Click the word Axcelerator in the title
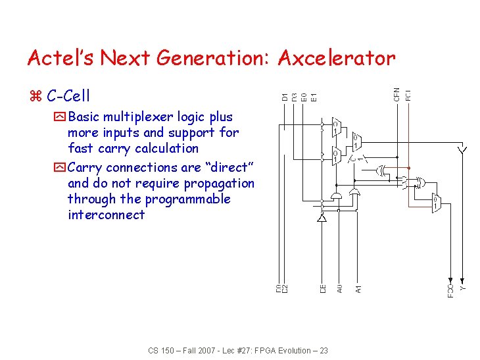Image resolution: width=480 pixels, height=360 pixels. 336,59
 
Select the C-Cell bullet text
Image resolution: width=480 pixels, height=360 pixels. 68,96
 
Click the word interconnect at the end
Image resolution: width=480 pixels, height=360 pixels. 106,215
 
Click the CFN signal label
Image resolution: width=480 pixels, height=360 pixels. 396,93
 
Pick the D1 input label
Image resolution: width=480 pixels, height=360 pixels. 285,96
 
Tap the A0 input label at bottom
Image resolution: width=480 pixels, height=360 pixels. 340,288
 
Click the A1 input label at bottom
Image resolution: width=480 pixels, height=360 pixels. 358,288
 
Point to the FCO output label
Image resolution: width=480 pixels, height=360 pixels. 450,290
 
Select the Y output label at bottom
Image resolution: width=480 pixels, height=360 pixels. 463,288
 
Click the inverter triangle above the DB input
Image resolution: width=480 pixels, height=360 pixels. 322,218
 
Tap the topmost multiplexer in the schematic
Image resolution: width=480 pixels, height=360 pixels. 335,126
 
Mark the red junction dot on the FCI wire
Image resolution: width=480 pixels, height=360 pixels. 408,168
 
